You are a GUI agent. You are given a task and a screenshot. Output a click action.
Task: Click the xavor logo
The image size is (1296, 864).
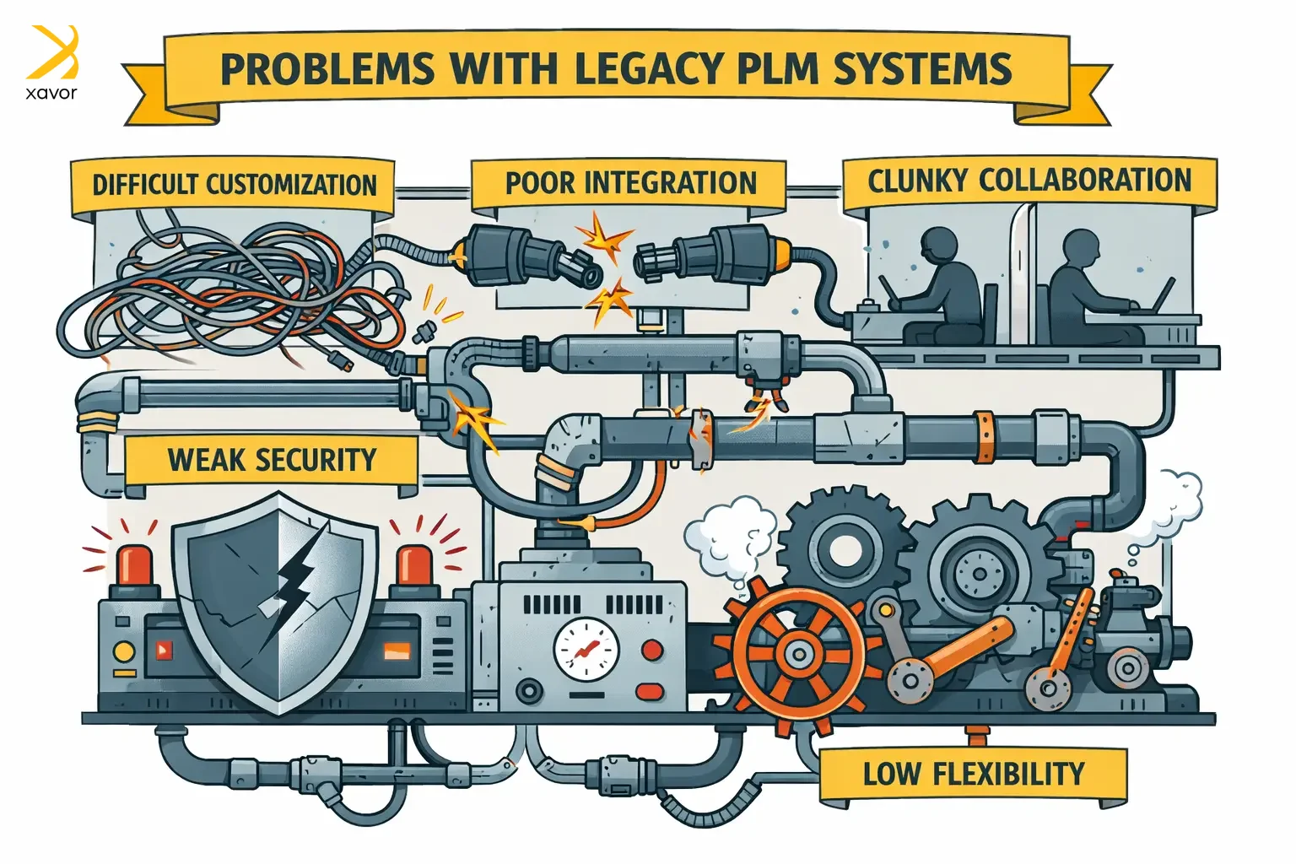pos(52,62)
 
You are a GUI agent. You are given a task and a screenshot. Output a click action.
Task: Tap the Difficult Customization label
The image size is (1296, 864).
pos(234,185)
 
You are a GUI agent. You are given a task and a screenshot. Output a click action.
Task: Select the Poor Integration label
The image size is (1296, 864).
pos(630,183)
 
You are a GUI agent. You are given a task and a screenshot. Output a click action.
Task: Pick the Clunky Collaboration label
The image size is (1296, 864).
pos(1029,181)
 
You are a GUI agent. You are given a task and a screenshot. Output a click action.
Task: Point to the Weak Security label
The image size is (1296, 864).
pos(272,460)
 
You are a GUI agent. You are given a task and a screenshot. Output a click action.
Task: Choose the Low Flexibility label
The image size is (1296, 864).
pos(973,774)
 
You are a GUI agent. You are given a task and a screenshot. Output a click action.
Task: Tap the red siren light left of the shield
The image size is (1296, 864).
pos(135,565)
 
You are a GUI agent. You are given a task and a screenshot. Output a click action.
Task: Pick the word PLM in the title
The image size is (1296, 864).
pos(779,69)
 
